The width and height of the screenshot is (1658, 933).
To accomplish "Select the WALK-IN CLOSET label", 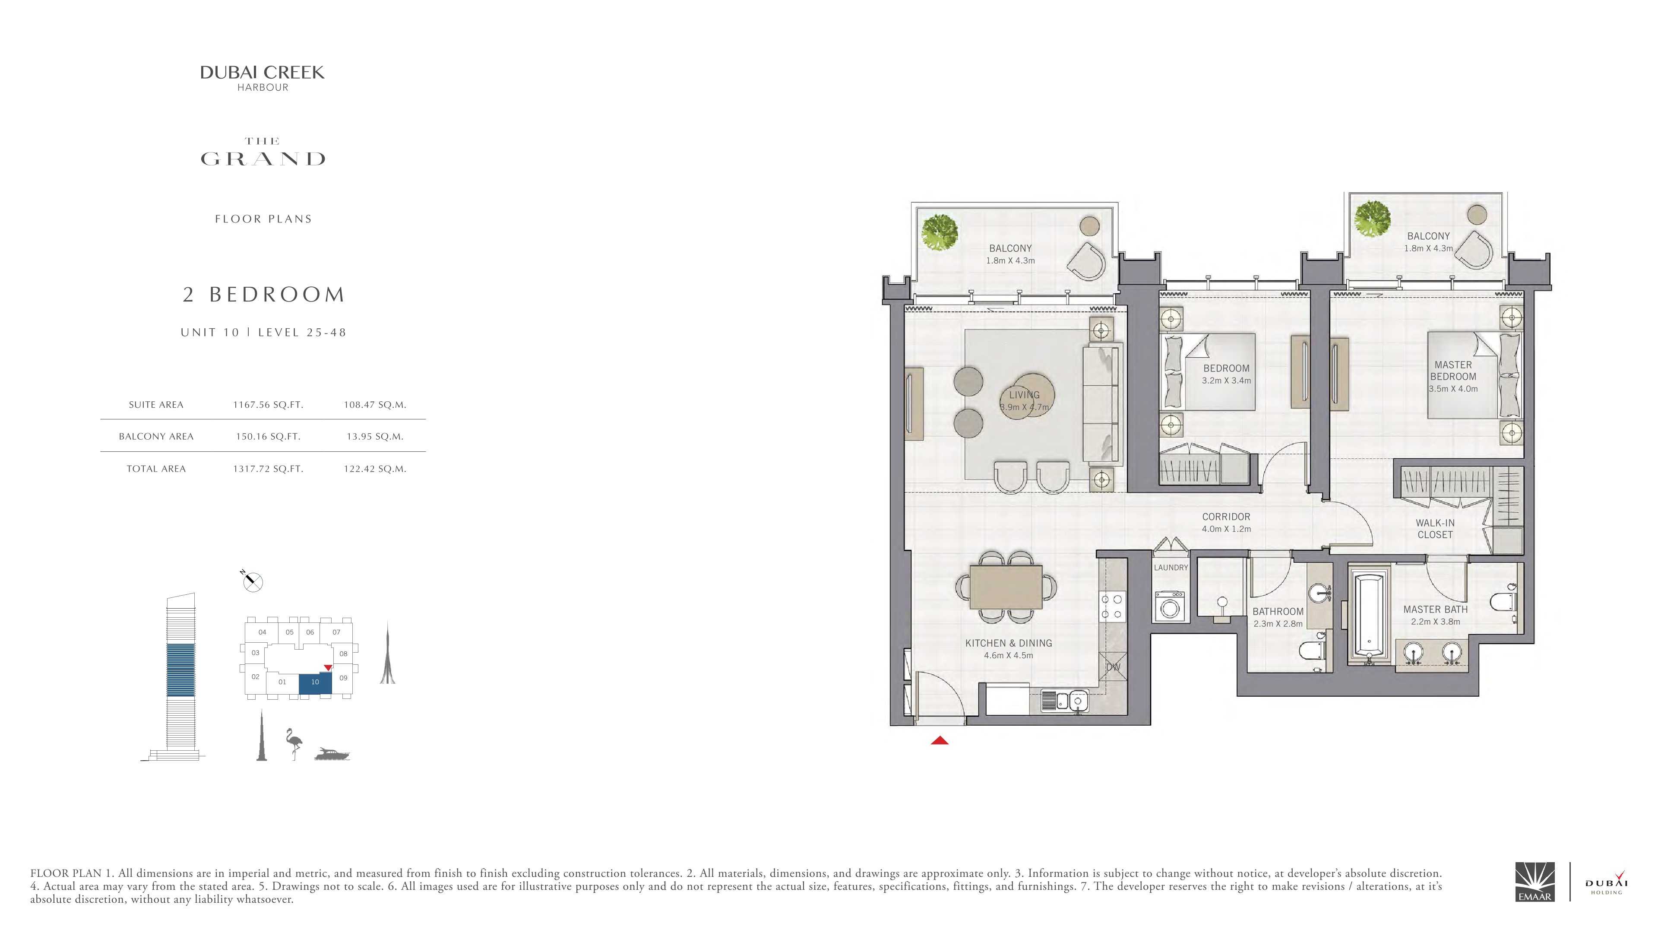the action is point(1435,529).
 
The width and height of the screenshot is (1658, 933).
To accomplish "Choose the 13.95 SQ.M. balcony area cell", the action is point(375,437).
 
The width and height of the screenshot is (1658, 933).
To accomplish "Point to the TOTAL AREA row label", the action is point(156,469).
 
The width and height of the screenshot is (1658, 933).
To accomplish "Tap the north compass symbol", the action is point(252,581).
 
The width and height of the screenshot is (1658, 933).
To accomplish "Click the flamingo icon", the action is point(294,744).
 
